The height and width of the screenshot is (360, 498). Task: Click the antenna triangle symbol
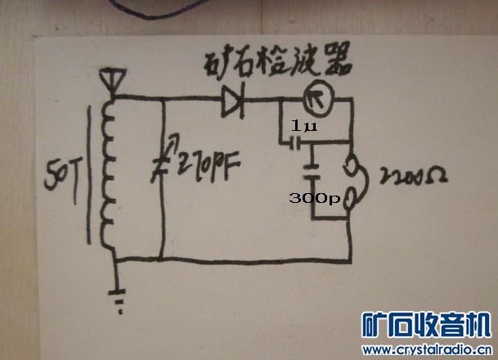click(109, 79)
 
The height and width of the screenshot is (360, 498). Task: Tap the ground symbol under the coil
click(122, 304)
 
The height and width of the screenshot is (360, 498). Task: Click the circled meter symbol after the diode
click(313, 100)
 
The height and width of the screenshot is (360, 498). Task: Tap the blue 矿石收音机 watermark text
click(425, 325)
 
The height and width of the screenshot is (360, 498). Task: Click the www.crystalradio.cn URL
click(425, 349)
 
